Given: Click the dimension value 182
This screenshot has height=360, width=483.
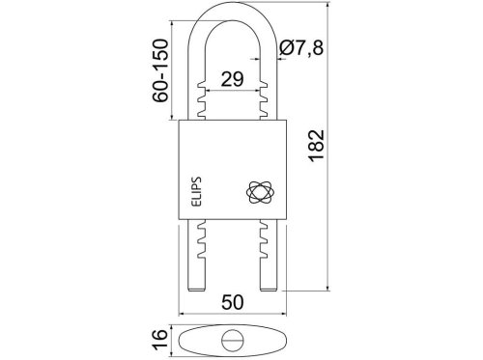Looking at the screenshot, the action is point(316,145).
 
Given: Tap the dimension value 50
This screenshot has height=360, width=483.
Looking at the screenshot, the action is point(233,302).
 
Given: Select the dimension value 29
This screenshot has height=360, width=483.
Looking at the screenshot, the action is point(232,79).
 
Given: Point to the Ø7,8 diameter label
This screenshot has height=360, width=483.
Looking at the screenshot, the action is point(300,48).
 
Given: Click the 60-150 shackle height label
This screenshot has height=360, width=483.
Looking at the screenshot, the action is point(160,70).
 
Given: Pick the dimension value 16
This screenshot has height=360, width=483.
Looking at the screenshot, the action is point(160,339).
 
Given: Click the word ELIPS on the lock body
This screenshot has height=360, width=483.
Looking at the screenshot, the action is point(196,191).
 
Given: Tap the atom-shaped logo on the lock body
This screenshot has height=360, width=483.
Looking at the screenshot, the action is point(260,192).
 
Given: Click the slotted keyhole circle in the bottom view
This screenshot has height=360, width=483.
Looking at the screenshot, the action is point(233,341).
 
